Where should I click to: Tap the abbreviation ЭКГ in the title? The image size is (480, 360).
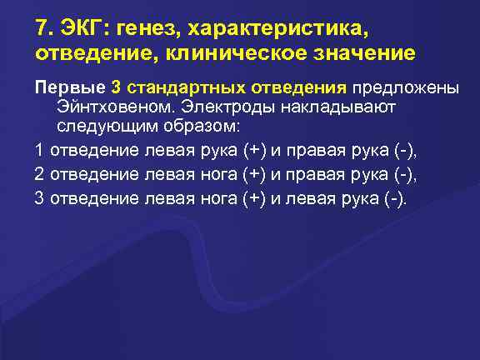click(x=82, y=30)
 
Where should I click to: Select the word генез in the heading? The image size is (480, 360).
click(x=152, y=31)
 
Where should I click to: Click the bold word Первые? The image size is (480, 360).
click(x=68, y=87)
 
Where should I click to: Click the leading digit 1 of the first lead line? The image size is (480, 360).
click(x=39, y=150)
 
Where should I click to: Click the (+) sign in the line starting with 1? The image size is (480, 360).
click(x=254, y=150)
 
